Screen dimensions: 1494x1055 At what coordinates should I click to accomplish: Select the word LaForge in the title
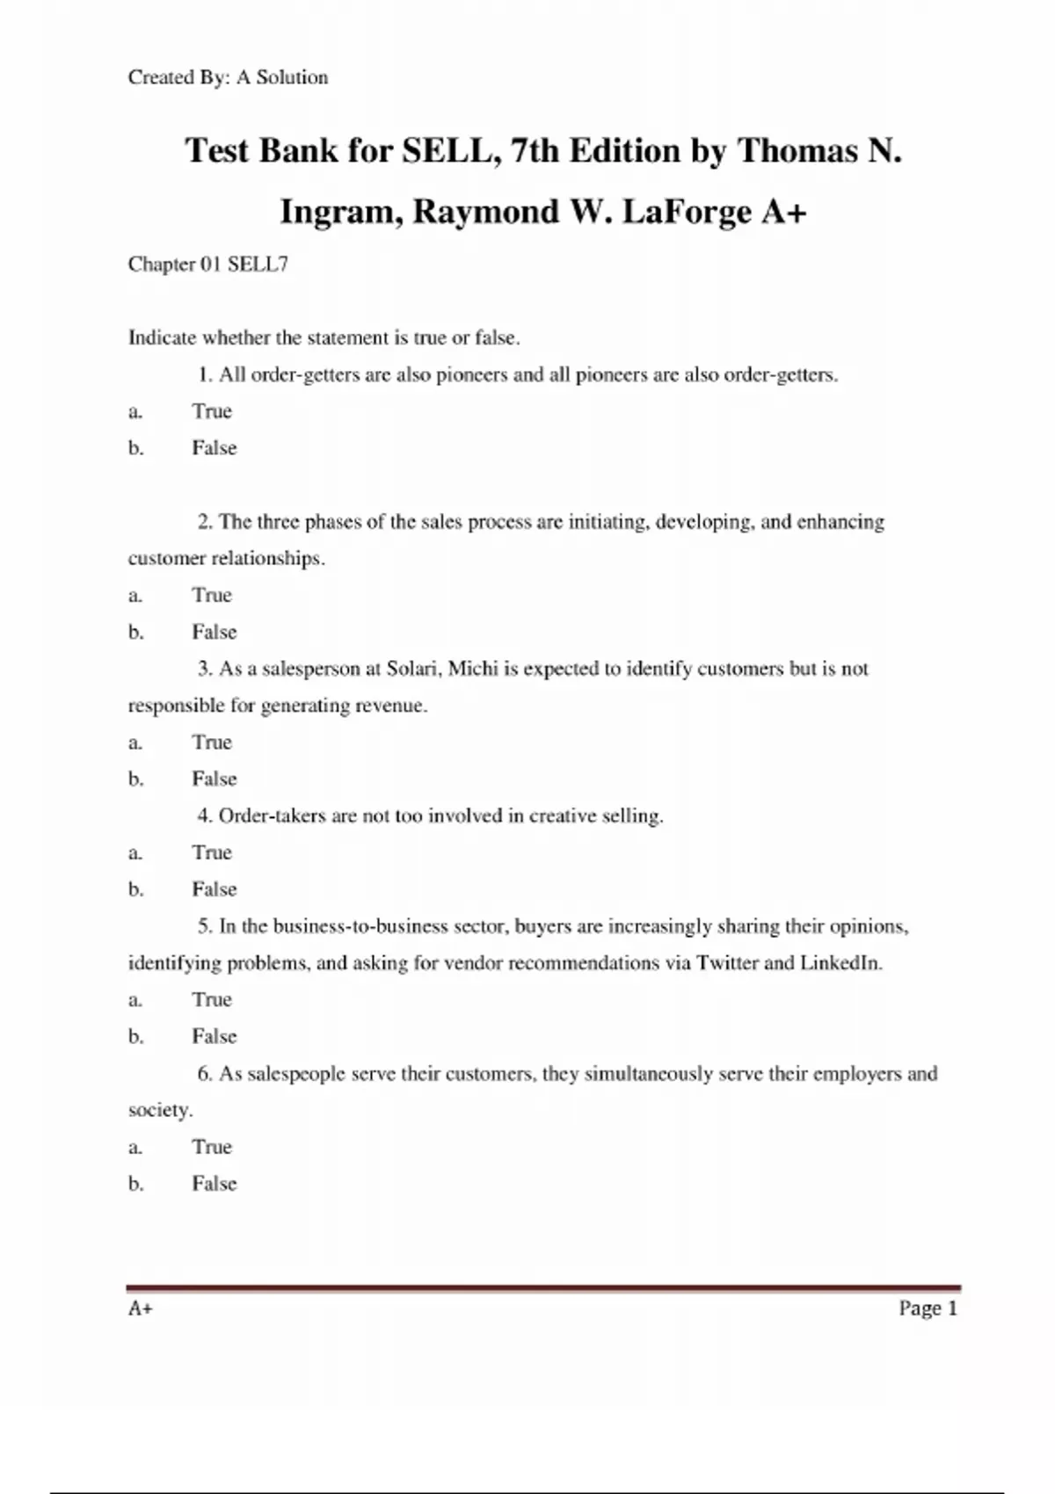point(687,212)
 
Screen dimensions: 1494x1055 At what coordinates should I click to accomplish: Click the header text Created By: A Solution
point(228,77)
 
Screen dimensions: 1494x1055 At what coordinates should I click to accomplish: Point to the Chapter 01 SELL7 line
point(207,265)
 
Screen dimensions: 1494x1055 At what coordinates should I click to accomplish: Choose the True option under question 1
point(212,411)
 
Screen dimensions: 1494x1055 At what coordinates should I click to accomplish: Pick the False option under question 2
point(215,632)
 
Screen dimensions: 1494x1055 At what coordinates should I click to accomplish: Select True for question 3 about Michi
point(212,743)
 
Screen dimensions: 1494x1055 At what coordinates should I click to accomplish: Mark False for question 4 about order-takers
point(215,889)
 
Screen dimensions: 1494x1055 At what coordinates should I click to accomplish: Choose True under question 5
point(212,1000)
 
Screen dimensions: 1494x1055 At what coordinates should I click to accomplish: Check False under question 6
point(215,1184)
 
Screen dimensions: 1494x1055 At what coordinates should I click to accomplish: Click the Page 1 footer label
point(928,1309)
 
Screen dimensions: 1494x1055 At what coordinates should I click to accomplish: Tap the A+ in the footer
point(141,1309)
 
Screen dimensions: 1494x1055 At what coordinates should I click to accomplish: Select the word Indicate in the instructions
point(162,337)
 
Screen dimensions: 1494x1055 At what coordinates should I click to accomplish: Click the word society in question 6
point(159,1111)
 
